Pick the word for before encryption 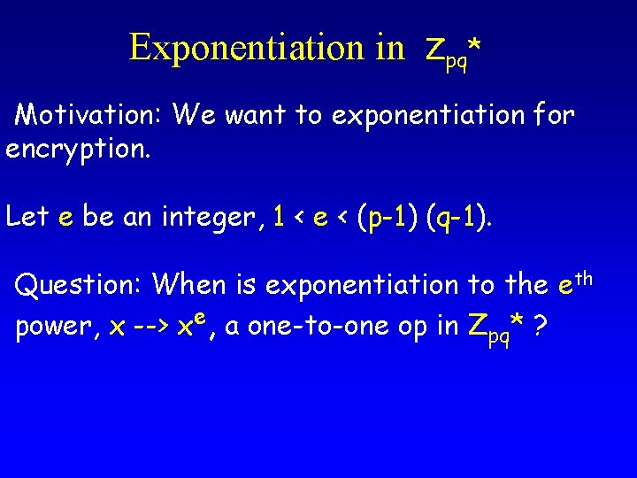coord(554,114)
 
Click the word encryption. coord(79,147)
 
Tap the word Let coord(28,216)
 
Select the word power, coord(58,328)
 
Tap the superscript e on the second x coord(202,317)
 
